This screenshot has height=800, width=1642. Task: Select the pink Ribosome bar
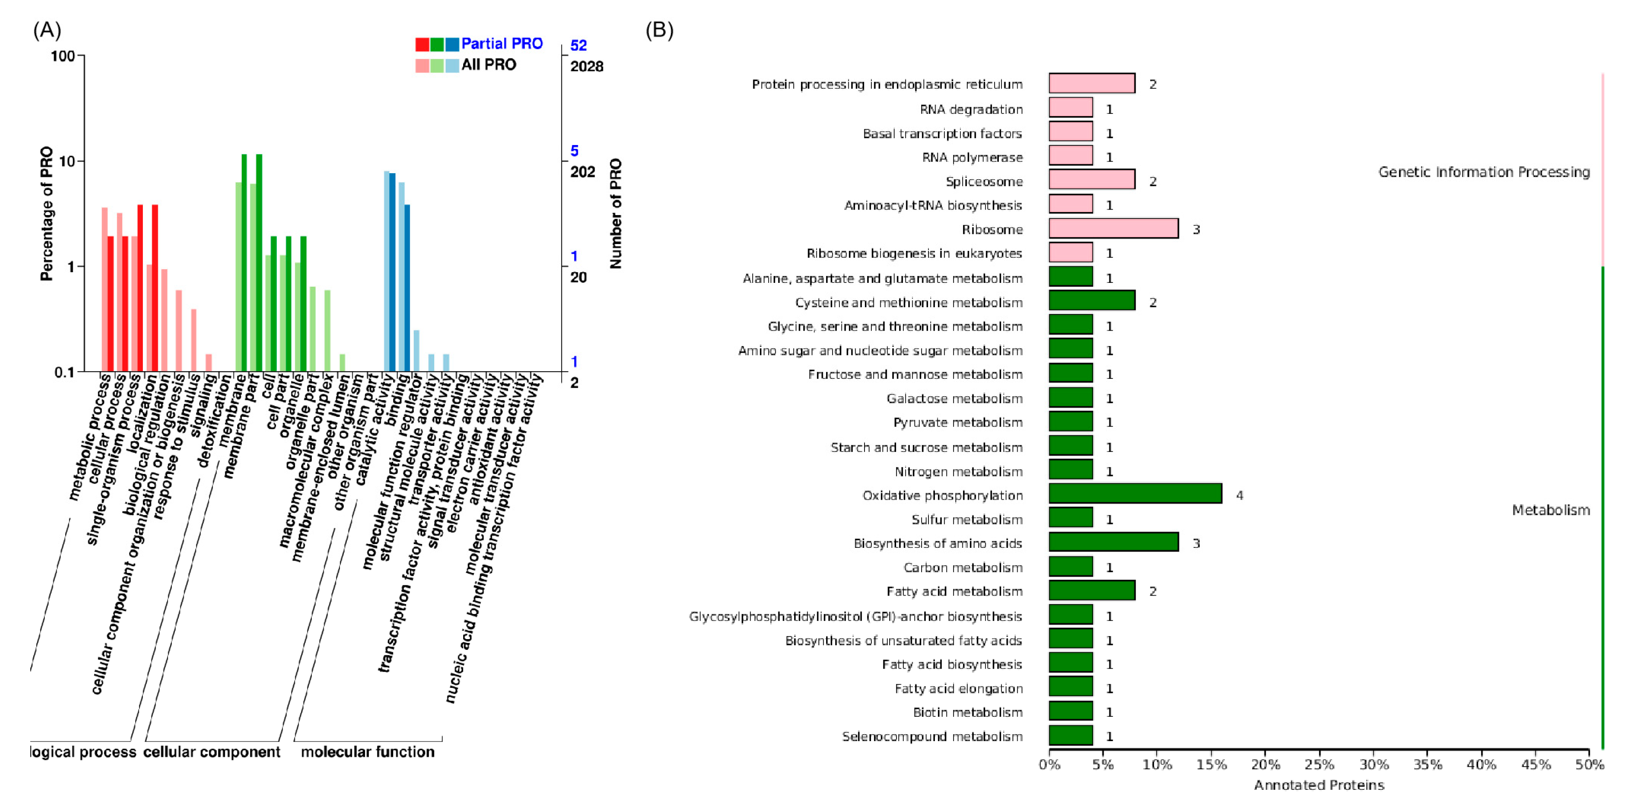pyautogui.click(x=1113, y=228)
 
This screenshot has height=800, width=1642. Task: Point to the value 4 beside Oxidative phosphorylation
pyautogui.click(x=1239, y=495)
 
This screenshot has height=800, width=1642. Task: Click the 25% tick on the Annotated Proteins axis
pyautogui.click(x=1319, y=764)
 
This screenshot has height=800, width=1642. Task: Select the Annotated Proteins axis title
pyautogui.click(x=1319, y=785)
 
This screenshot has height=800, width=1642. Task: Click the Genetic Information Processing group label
pyautogui.click(x=1483, y=172)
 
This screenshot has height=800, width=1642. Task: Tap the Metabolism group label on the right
pyautogui.click(x=1550, y=510)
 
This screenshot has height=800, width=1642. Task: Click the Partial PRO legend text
pyautogui.click(x=502, y=44)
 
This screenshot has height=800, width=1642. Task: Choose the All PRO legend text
pyautogui.click(x=488, y=64)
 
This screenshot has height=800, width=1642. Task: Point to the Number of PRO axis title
pyautogui.click(x=616, y=213)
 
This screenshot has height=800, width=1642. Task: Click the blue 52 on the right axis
pyautogui.click(x=578, y=45)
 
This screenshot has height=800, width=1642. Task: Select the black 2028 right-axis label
pyautogui.click(x=586, y=66)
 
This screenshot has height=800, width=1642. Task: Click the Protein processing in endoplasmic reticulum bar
pyautogui.click(x=1091, y=84)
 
